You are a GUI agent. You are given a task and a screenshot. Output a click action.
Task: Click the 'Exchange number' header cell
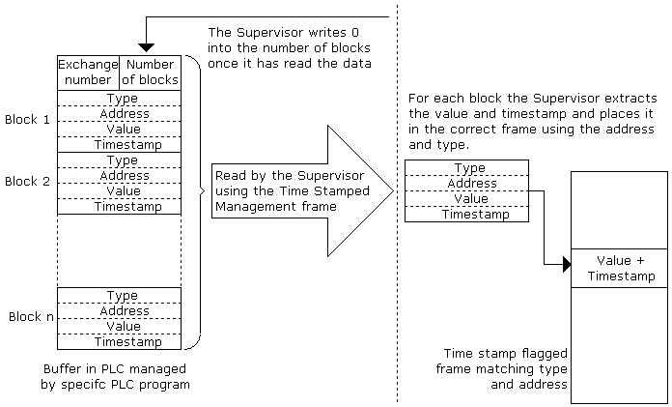(88, 73)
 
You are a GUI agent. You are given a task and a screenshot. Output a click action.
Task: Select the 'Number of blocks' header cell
(150, 73)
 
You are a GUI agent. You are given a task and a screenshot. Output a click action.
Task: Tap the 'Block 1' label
(27, 120)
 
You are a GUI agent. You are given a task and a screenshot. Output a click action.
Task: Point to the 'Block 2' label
(27, 181)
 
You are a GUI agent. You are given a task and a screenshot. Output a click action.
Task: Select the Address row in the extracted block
(466, 183)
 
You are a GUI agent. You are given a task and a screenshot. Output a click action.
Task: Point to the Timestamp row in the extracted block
(466, 215)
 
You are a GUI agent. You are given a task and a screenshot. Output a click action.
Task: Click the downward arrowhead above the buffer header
(145, 46)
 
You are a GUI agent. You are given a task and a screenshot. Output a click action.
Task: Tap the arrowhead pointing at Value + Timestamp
(565, 262)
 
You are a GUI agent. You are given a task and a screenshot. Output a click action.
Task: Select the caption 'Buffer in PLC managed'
(115, 369)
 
